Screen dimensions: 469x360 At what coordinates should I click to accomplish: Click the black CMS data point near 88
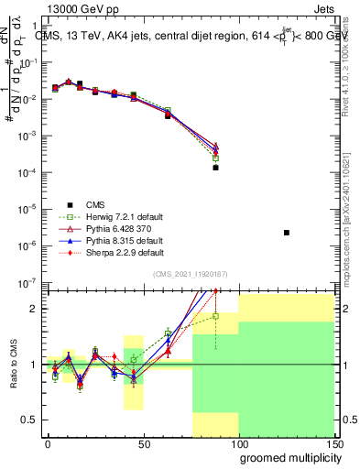pyautogui.click(x=216, y=168)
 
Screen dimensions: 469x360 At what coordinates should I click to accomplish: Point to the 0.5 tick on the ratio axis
pyautogui.click(x=29, y=420)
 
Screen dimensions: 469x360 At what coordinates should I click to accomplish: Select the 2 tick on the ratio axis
pyautogui.click(x=34, y=309)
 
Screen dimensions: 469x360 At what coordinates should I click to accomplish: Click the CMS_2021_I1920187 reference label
pyautogui.click(x=190, y=274)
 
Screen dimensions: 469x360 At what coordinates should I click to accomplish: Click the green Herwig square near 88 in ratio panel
pyautogui.click(x=216, y=316)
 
